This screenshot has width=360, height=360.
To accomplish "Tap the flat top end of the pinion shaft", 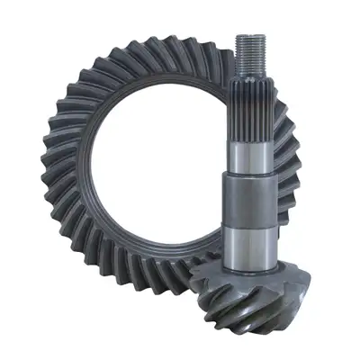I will coord(249,36).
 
